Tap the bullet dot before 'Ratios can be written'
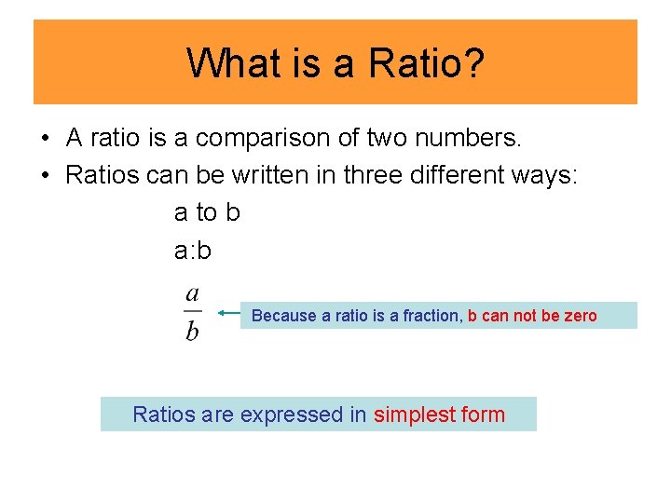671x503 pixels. coord(44,176)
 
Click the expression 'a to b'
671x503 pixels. coord(207,212)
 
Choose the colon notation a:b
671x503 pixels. coord(193,250)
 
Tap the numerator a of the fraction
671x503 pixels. coord(192,295)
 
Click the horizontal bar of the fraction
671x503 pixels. coord(192,312)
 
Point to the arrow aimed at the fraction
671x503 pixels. coord(228,314)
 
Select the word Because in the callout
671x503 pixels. coord(284,316)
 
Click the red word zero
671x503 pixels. coord(579,316)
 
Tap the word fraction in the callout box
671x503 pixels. coord(431,316)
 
